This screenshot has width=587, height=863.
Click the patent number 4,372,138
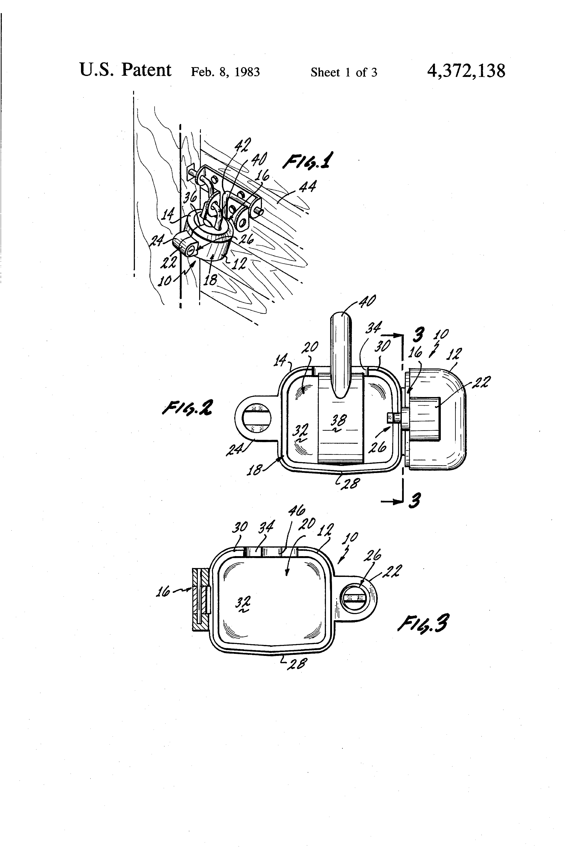click(x=466, y=71)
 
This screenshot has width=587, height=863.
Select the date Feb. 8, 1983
click(x=225, y=72)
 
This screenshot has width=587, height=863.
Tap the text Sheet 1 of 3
click(x=344, y=72)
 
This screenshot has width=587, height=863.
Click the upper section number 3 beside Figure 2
click(x=418, y=335)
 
